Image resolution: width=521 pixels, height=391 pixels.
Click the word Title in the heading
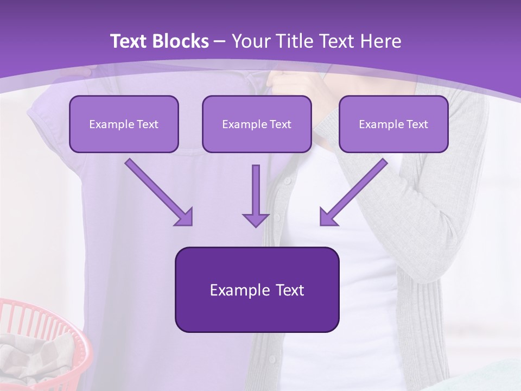click(293, 41)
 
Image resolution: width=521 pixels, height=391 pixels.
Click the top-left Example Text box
click(124, 124)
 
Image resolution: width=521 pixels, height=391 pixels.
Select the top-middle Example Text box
click(257, 124)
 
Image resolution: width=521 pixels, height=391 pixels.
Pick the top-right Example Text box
click(393, 124)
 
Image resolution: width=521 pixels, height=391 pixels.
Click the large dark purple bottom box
click(257, 289)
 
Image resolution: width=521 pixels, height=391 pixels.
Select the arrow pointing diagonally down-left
click(354, 192)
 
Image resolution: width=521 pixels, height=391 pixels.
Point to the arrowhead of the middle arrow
click(256, 219)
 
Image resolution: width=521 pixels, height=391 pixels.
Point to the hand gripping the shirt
click(288, 81)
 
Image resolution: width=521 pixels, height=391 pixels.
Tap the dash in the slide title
click(220, 41)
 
